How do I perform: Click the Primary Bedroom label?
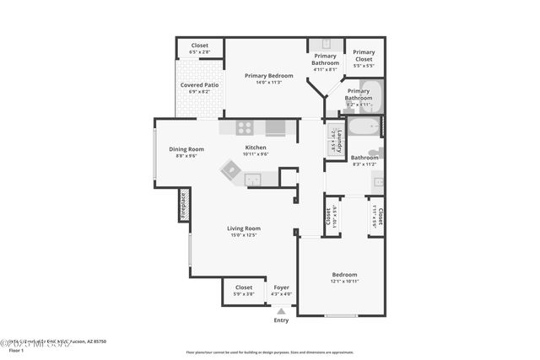267,76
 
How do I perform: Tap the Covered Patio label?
200,85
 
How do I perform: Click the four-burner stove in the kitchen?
244,128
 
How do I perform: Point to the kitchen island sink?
252,179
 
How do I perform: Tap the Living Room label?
243,228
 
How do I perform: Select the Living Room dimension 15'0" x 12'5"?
243,235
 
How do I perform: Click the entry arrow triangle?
281,310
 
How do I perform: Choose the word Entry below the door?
281,320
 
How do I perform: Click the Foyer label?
281,287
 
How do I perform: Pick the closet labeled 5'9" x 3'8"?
243,290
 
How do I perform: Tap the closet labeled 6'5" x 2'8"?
200,49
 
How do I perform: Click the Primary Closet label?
364,56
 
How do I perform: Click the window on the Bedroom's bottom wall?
341,316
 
